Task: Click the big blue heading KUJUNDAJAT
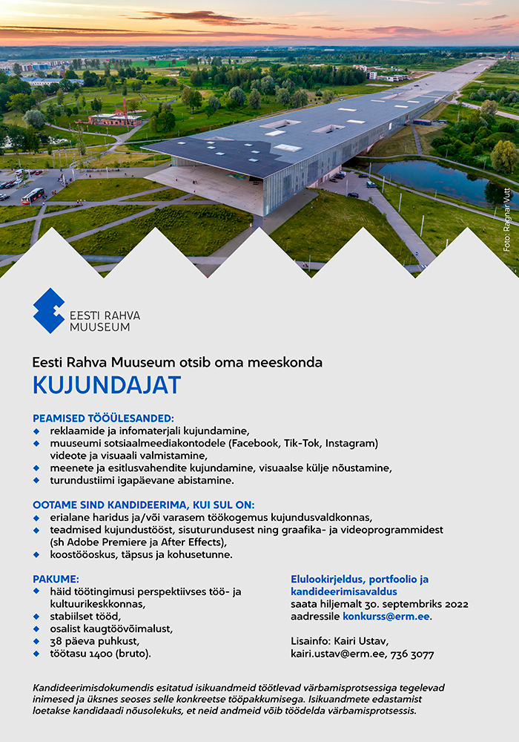click(106, 386)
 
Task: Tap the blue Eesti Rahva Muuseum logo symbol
click(48, 311)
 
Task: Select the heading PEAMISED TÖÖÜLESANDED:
click(103, 418)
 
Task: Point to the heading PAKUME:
click(56, 579)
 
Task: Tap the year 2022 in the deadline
click(453, 604)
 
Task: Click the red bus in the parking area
click(33, 196)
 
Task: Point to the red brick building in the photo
click(115, 119)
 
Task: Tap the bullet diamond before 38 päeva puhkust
click(36, 641)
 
